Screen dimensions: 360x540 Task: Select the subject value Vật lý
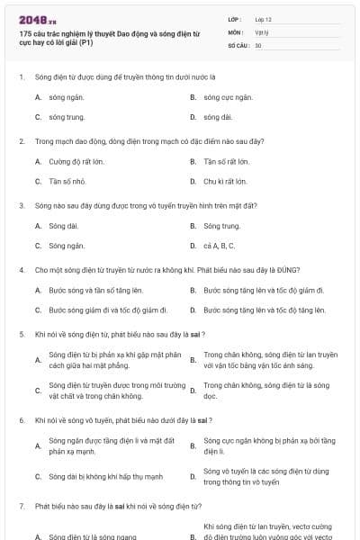(261, 31)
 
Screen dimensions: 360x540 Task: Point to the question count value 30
(258, 44)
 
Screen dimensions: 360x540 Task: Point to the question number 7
(21, 507)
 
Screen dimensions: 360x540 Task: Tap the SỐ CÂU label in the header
(238, 44)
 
